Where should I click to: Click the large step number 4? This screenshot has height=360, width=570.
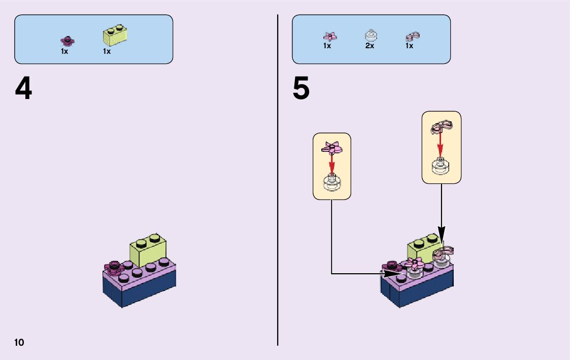(x=23, y=90)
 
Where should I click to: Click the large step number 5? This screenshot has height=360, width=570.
(x=301, y=89)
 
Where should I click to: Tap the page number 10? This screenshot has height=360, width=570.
(x=19, y=342)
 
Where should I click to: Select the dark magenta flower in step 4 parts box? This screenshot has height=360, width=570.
(x=66, y=40)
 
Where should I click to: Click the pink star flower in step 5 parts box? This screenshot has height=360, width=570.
(x=330, y=36)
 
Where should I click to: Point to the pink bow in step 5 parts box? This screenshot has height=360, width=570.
(x=412, y=36)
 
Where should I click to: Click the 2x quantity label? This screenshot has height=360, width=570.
(x=370, y=46)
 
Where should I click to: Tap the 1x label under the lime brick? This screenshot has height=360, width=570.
(x=107, y=51)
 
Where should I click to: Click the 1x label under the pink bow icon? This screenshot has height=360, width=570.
(x=409, y=46)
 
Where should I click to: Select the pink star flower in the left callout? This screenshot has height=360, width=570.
(x=331, y=148)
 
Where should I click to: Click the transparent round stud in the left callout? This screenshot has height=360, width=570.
(x=331, y=182)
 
